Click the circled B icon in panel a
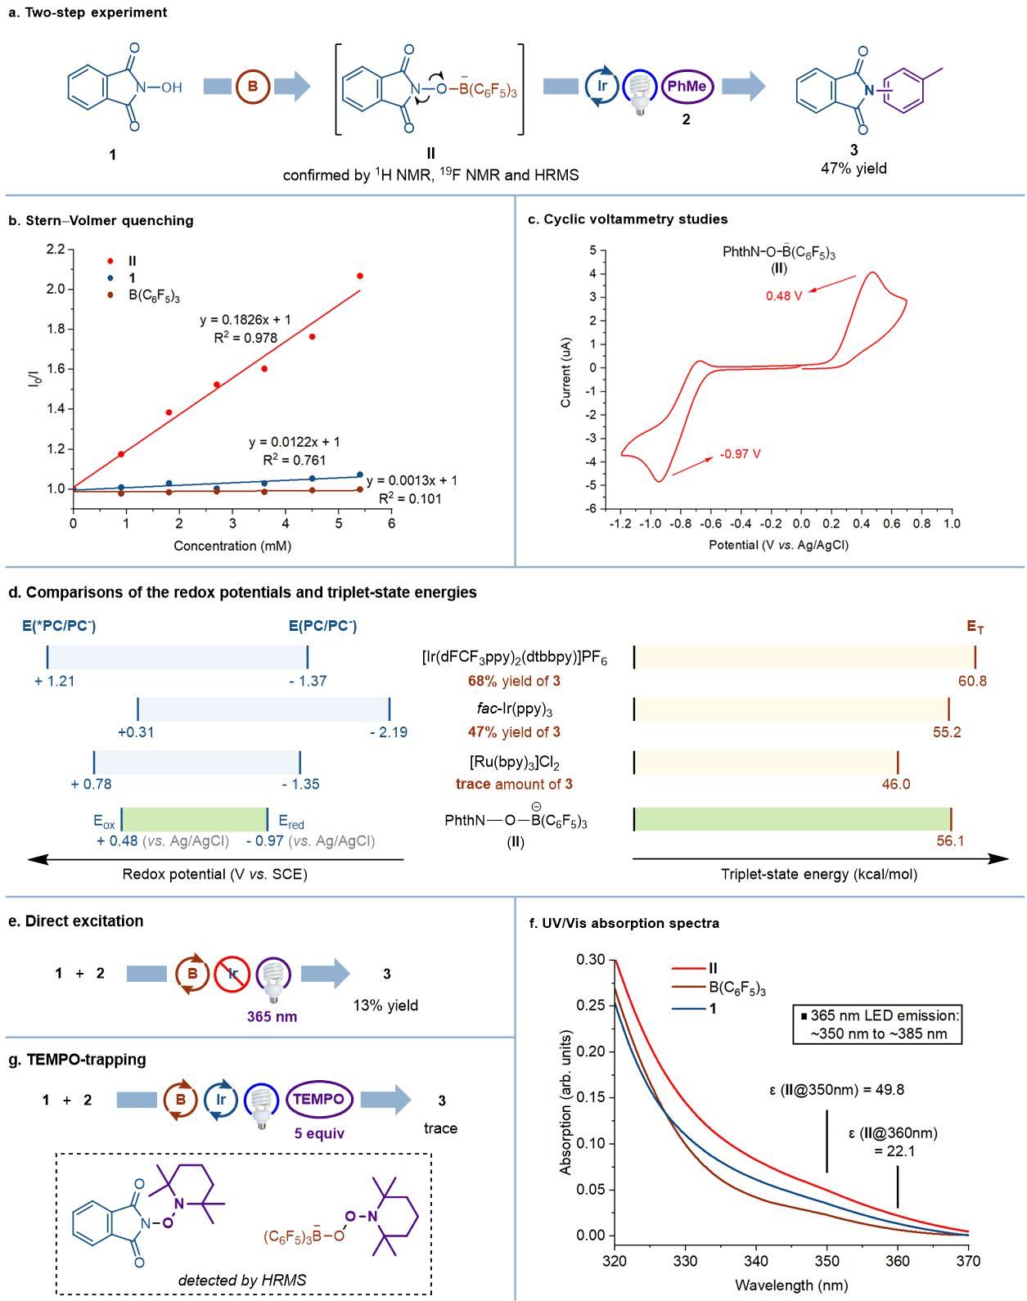tap(252, 88)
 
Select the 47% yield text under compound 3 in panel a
tap(854, 169)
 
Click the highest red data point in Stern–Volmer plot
tap(360, 276)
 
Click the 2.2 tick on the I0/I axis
tap(55, 249)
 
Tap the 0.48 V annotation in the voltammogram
tap(784, 295)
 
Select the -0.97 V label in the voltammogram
tap(740, 454)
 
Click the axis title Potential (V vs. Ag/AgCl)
tap(778, 544)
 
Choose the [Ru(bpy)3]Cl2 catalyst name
tap(515, 762)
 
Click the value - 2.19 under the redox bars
tap(388, 732)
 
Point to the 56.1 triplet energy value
tap(951, 840)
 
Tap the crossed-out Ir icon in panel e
tap(231, 974)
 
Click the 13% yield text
tap(385, 1005)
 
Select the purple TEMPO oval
tap(320, 1099)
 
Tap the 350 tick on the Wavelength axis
tap(827, 1261)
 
